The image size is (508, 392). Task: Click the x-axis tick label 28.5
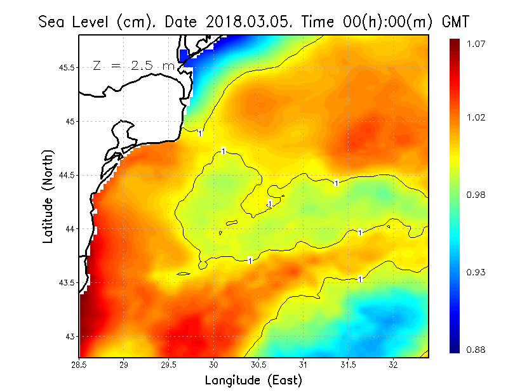point(79,365)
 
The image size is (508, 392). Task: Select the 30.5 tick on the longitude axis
point(258,365)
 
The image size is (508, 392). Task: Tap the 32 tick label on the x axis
point(393,365)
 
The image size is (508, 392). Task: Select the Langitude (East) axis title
point(253,381)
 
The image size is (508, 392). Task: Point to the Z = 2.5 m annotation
point(133,65)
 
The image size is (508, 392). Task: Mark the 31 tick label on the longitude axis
point(304,365)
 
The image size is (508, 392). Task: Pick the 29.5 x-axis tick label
point(169,365)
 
